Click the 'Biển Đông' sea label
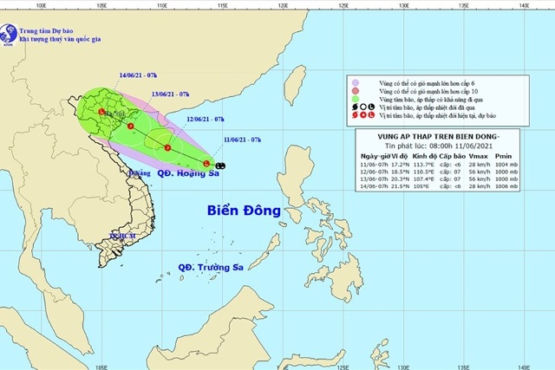click(x=245, y=211)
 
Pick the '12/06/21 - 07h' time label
click(x=206, y=118)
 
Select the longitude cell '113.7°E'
click(x=428, y=165)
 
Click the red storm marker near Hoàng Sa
click(x=206, y=163)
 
